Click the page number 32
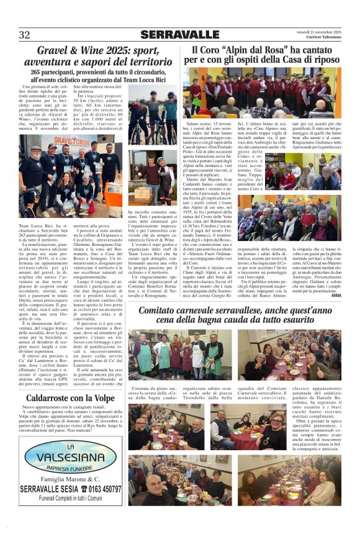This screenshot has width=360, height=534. click(x=25, y=35)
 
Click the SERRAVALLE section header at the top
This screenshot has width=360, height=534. click(x=179, y=35)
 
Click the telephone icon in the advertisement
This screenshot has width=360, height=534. click(x=80, y=489)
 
